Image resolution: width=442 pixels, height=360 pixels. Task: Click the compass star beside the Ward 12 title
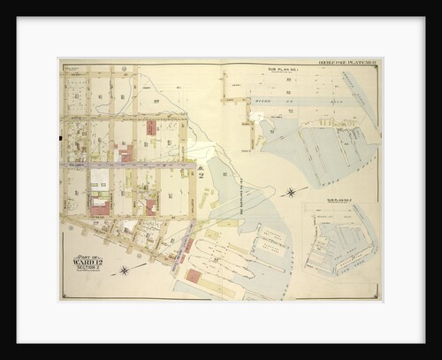coord(125,269)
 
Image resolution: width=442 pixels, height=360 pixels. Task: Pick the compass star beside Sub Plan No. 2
coord(291,191)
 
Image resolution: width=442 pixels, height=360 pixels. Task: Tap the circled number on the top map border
coord(124,67)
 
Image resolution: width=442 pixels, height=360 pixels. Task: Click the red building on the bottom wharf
coord(193,276)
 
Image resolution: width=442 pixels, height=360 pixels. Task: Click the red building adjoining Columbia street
coord(124,153)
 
